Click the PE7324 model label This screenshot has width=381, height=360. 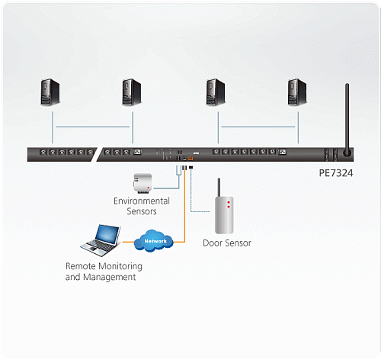pos(336,173)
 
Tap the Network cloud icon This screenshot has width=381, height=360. pos(154,240)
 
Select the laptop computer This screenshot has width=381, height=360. pos(101,240)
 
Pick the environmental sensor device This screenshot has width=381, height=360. pos(142,182)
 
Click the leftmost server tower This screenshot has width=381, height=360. pos(50,92)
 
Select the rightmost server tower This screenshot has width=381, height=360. pos(297,92)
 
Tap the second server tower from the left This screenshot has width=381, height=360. pos(132,92)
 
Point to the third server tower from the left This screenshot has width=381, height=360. pos(216,92)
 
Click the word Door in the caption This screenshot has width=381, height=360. pos(213,243)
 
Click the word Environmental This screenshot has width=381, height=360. pos(142,201)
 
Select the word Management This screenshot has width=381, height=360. pos(110,277)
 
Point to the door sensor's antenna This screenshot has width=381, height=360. pos(219,188)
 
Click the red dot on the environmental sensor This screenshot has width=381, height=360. pos(148,188)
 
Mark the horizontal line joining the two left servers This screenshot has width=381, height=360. pos(92,127)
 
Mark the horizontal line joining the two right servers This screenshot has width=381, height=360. pos(258,127)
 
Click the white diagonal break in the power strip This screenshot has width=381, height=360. pos(97,155)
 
